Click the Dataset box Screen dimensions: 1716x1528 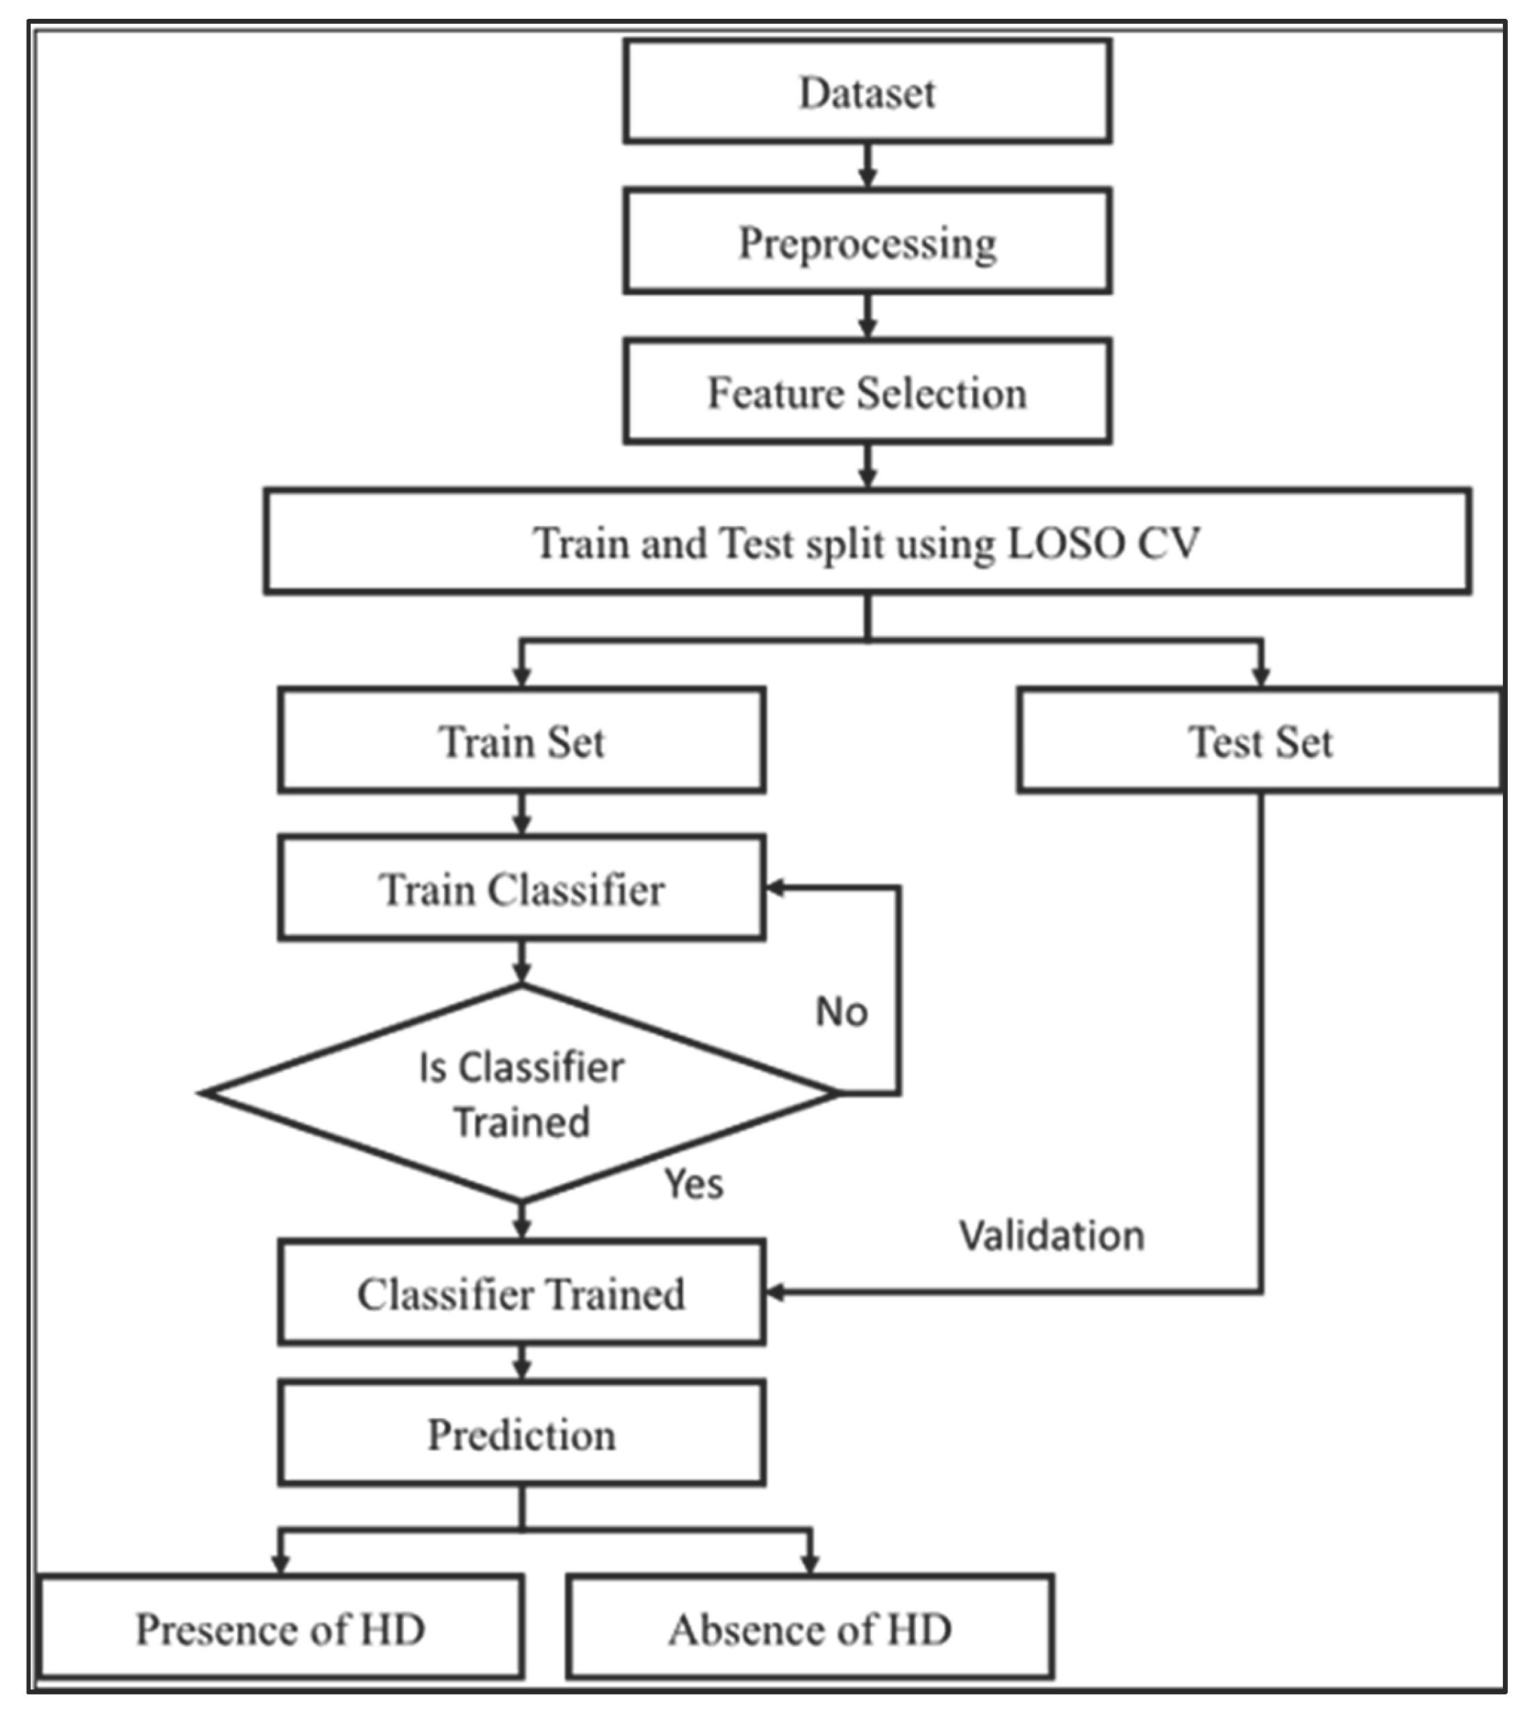click(868, 91)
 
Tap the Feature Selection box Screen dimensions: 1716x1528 click(868, 391)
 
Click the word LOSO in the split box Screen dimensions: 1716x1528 click(1066, 543)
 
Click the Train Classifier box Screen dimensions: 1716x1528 click(522, 888)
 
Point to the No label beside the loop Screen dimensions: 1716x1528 click(841, 1011)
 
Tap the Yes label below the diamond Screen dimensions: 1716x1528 click(693, 1184)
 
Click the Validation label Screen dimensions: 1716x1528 click(1052, 1236)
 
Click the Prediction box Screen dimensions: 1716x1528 click(522, 1435)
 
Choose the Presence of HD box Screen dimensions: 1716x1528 click(280, 1629)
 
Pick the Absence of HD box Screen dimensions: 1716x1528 click(810, 1629)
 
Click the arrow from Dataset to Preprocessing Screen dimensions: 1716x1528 click(868, 165)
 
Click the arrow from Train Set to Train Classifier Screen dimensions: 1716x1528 click(522, 814)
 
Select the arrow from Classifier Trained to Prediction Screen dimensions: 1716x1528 click(522, 1363)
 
